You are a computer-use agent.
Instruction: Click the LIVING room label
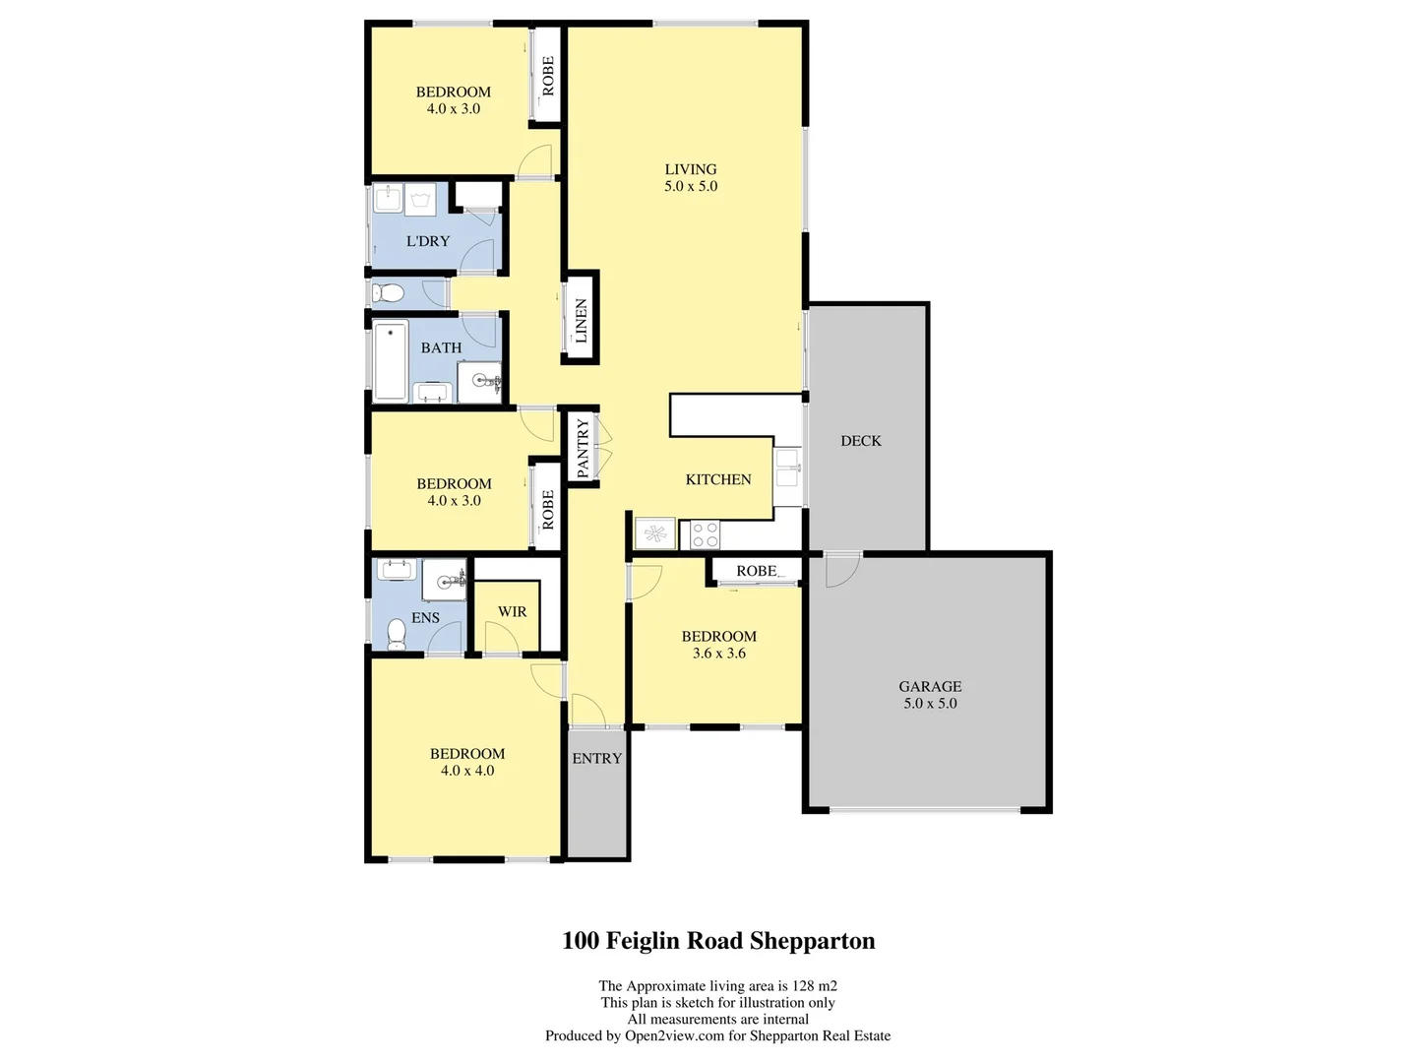point(690,169)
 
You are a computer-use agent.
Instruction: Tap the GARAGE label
point(930,686)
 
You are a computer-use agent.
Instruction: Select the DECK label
point(861,441)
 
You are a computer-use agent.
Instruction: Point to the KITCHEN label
point(718,479)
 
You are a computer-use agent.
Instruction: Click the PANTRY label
point(583,448)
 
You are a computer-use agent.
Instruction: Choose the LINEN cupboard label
point(581,321)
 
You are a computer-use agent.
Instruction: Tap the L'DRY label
point(428,241)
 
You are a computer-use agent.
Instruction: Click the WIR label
point(512,611)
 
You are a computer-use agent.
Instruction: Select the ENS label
point(425,618)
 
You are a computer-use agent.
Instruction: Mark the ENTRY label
point(596,758)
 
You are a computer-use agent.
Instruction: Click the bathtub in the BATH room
point(391,360)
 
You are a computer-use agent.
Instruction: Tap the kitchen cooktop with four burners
point(705,534)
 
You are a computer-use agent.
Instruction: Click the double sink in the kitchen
point(786,469)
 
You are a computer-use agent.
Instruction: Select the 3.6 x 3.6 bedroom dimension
point(718,654)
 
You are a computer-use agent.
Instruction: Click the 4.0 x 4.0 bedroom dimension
point(467,771)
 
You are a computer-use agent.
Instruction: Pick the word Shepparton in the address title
point(812,941)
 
